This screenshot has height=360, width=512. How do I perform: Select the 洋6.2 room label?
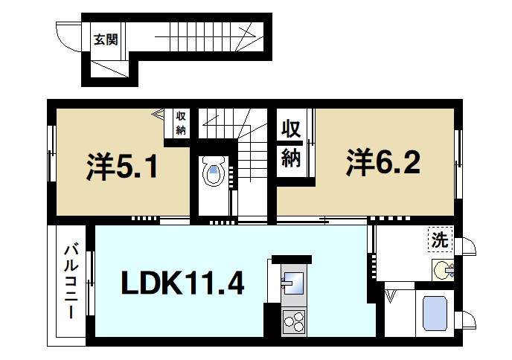(x=383, y=162)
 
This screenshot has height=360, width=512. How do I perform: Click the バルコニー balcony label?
(x=72, y=281)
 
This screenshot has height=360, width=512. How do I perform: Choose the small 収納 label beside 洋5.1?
(x=181, y=123)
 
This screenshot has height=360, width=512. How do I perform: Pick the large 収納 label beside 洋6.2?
(x=290, y=143)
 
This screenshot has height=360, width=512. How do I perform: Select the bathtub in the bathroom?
(x=433, y=314)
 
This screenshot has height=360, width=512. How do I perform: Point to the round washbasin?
(x=443, y=269)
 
